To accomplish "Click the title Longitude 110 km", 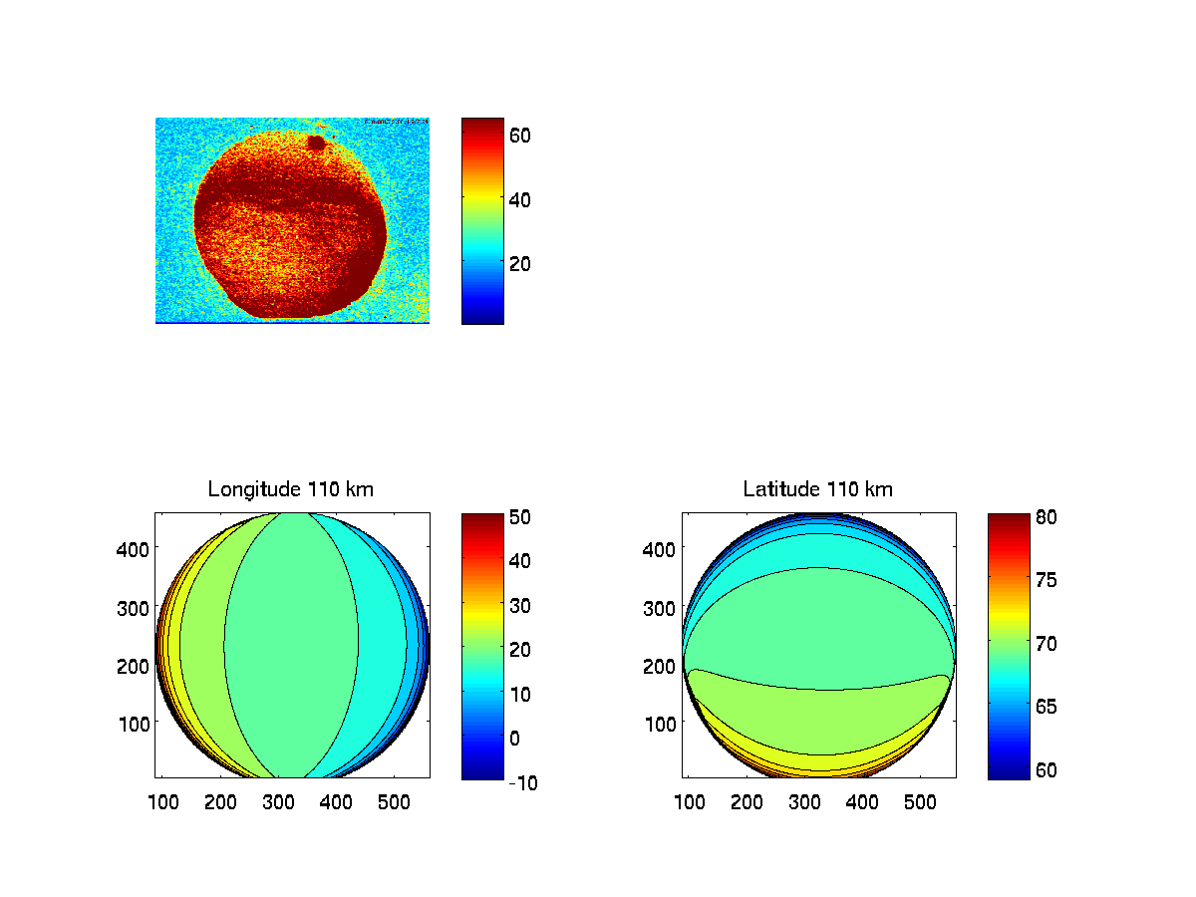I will (291, 489).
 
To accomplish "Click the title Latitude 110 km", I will (818, 489).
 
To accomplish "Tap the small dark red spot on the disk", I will (317, 144).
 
